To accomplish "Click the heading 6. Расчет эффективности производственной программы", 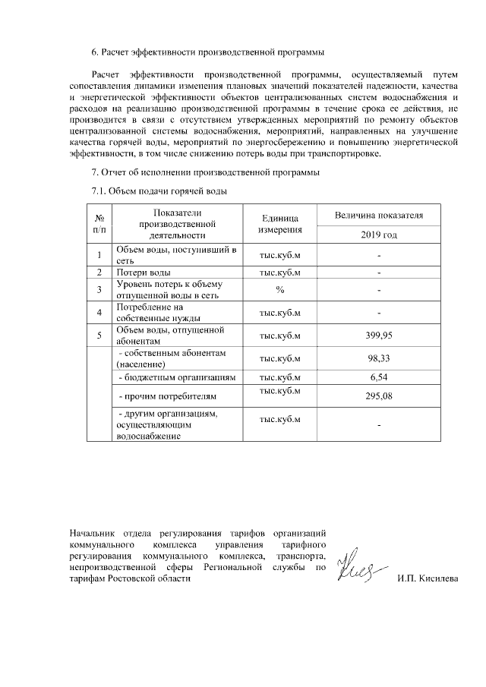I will pos(207,52).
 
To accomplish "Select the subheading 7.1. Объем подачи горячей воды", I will pos(159,191).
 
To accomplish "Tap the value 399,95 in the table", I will pos(378,336).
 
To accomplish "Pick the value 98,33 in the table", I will pos(378,359).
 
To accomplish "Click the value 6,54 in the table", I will pos(378,377).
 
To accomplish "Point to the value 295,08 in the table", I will pos(378,396).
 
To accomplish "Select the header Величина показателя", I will pos(378,216).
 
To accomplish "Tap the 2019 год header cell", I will pos(378,235).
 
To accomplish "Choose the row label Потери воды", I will pos(144,272).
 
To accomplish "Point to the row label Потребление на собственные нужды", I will pos(150,312).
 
